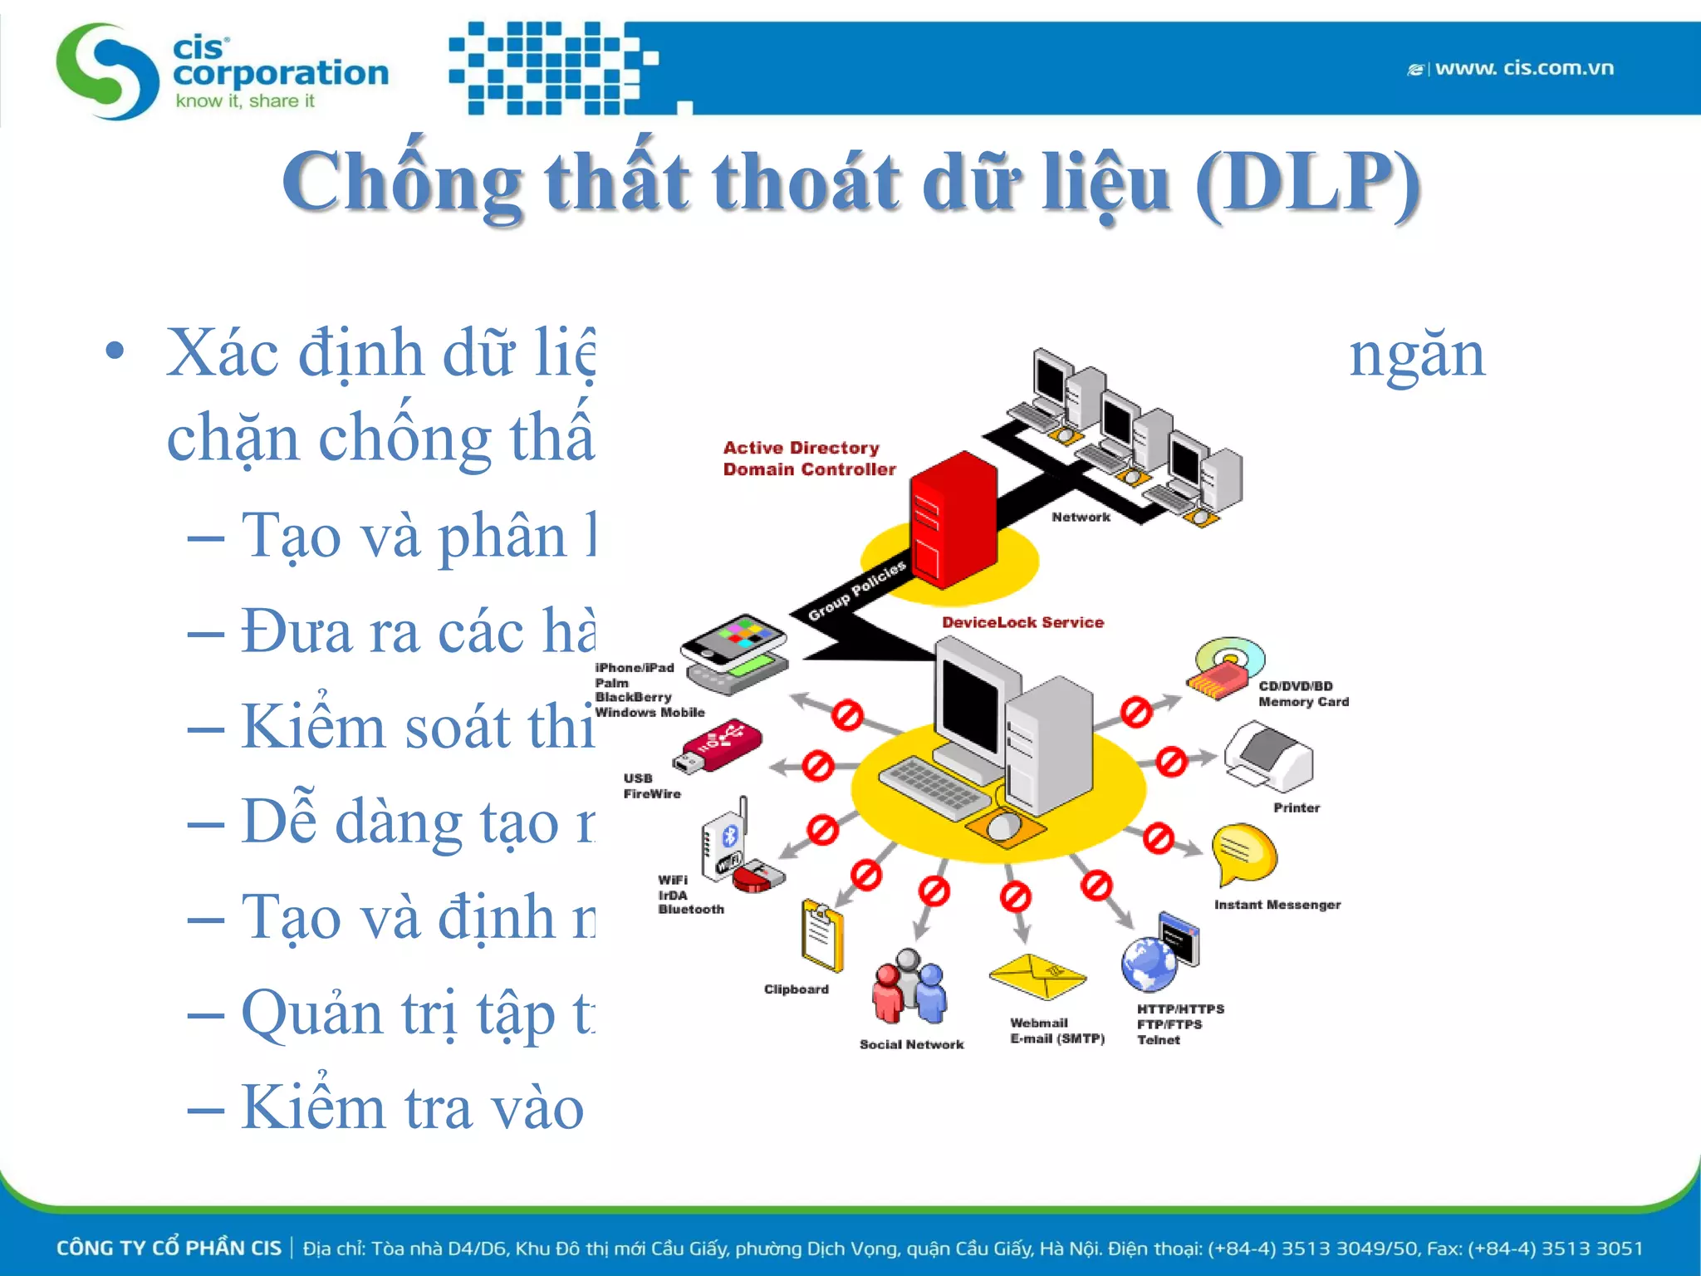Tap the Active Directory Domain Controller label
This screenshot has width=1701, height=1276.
(x=808, y=459)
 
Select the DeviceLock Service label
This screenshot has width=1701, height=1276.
(x=1022, y=622)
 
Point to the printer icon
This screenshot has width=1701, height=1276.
(x=1268, y=757)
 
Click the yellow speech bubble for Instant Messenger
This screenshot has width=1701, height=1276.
(x=1243, y=853)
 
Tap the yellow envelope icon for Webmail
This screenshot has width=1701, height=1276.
(x=1037, y=976)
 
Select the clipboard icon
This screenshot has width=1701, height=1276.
(x=821, y=936)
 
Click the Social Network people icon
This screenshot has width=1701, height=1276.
(x=909, y=988)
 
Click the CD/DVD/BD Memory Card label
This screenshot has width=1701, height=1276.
(x=1302, y=694)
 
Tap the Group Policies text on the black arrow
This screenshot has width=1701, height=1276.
(x=856, y=591)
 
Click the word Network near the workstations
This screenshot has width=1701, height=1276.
(x=1080, y=517)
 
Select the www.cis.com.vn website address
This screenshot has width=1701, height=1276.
(x=1523, y=68)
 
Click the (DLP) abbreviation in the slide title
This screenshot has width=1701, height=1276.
(x=1307, y=183)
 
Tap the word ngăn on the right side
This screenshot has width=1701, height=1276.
(x=1416, y=356)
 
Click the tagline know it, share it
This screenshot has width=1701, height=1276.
(x=245, y=101)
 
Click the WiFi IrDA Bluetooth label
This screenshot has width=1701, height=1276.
(x=690, y=895)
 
